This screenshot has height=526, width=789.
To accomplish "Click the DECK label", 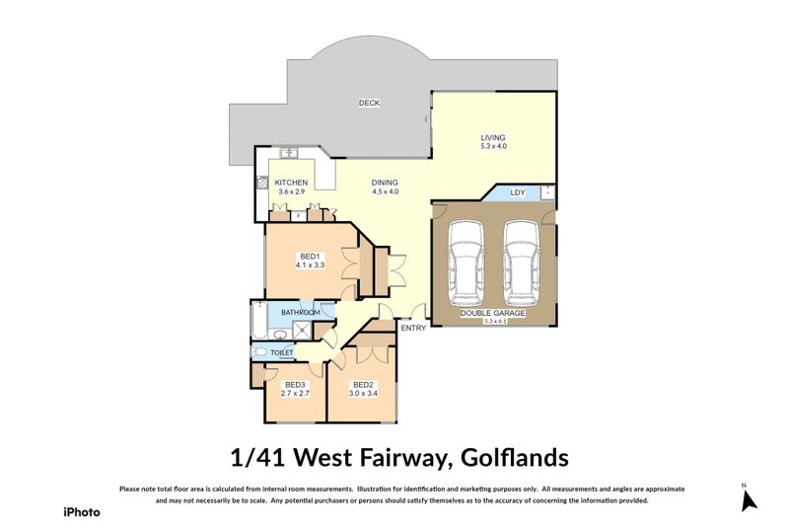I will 370,103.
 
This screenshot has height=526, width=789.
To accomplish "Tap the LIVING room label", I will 492,137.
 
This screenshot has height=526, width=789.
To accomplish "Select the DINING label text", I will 385,182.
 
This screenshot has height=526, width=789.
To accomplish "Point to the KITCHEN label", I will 291,183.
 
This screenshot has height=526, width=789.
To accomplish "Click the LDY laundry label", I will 518,192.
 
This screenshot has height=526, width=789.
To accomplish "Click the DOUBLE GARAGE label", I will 492,313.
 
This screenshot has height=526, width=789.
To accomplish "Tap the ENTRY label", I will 412,328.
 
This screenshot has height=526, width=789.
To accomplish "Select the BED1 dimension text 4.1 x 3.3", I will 310,265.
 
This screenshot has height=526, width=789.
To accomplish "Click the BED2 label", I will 362,384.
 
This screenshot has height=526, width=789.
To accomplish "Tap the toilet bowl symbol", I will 260,351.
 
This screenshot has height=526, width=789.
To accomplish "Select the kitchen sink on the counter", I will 289,154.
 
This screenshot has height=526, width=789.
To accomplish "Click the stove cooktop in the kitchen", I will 262,183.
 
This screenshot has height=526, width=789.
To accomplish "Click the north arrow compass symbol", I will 749,500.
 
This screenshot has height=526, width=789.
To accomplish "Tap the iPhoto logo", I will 81,511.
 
